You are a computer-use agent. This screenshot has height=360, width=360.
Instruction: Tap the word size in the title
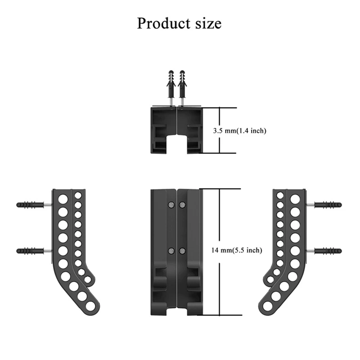click(207, 23)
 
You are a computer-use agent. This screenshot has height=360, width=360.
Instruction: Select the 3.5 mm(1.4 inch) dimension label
click(239, 131)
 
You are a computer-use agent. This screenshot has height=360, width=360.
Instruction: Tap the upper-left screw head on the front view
click(171, 205)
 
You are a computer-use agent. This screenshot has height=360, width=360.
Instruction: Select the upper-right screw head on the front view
click(182, 205)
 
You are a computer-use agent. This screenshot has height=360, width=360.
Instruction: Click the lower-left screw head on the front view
click(171, 250)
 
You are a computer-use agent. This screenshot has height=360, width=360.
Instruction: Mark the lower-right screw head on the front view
click(182, 250)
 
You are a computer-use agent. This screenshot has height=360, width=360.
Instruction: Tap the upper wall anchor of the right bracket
click(328, 205)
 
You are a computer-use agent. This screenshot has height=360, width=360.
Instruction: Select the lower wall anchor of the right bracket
click(328, 251)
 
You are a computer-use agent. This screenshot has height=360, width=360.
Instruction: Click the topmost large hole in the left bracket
click(63, 198)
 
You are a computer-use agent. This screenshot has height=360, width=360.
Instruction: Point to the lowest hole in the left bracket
click(91, 306)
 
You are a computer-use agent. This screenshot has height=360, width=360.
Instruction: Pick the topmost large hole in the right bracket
click(295, 198)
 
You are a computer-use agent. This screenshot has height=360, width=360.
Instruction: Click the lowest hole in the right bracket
click(267, 306)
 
